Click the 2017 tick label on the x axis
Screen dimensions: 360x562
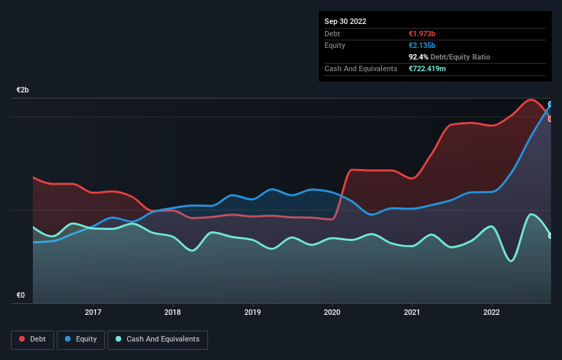93,313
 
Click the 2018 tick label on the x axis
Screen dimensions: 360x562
173,313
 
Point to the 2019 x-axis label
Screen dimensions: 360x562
253,313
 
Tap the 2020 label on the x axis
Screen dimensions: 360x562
332,313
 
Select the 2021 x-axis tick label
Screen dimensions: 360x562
412,313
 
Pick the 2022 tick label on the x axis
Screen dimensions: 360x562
491,313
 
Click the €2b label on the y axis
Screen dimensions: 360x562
23,90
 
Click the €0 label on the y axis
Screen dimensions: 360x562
21,296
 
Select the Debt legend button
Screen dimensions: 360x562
31,339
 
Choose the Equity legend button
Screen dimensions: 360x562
81,339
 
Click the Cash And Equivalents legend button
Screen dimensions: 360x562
157,339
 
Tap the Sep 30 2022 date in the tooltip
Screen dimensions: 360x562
346,21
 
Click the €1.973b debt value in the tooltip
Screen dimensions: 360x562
423,34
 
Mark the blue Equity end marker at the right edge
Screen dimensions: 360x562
550,105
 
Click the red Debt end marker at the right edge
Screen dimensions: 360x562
550,119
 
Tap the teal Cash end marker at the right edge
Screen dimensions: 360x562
550,236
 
